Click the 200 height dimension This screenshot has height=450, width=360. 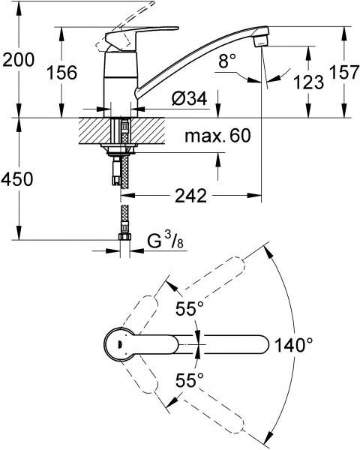(19, 61)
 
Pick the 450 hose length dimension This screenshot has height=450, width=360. (19, 179)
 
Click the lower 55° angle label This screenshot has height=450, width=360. (190, 381)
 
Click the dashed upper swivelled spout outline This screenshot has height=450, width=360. (202, 286)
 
